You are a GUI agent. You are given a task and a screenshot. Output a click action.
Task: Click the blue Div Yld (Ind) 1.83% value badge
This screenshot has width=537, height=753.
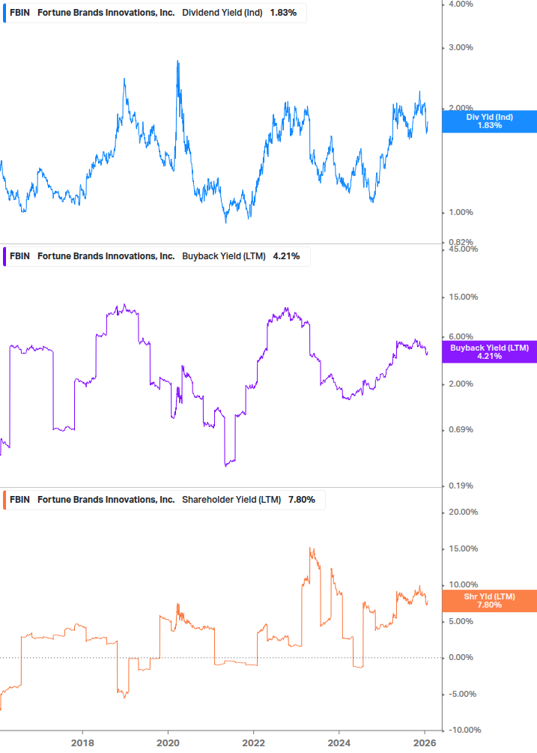point(489,121)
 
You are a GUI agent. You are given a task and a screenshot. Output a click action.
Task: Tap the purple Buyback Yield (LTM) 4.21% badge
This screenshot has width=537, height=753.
point(489,351)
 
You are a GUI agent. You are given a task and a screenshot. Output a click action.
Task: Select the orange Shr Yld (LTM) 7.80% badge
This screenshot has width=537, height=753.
point(489,600)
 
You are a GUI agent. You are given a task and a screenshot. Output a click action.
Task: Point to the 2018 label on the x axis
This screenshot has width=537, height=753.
point(82,743)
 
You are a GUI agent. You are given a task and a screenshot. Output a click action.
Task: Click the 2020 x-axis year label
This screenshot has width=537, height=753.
point(168,743)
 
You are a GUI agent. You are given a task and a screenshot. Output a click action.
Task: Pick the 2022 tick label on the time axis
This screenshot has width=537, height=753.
point(254,743)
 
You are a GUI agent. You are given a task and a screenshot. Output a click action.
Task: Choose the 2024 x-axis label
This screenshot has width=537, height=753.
point(339,743)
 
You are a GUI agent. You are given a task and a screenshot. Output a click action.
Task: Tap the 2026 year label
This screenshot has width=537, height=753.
point(425,743)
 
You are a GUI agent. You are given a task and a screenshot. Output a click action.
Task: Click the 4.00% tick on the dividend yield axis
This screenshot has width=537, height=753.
point(461,4)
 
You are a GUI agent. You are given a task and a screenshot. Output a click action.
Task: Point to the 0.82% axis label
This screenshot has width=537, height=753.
point(461,242)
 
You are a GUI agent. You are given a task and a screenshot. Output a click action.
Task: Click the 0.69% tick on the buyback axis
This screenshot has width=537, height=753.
point(461,429)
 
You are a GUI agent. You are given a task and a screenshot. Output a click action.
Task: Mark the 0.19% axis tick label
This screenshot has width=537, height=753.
point(461,486)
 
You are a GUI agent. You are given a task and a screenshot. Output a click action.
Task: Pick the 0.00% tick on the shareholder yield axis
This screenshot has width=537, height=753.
point(461,657)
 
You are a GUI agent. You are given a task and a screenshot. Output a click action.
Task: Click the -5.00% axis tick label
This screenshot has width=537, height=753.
point(462,694)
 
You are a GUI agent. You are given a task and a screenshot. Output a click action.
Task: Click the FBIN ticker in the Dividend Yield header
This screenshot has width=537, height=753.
point(19,13)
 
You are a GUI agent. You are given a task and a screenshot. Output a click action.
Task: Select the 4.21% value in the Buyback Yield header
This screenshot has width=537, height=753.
point(286,256)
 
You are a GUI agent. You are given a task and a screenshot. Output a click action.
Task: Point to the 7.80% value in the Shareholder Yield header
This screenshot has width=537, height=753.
point(301,499)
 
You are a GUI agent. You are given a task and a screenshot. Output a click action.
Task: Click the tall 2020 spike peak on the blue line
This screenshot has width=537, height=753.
point(178,61)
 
